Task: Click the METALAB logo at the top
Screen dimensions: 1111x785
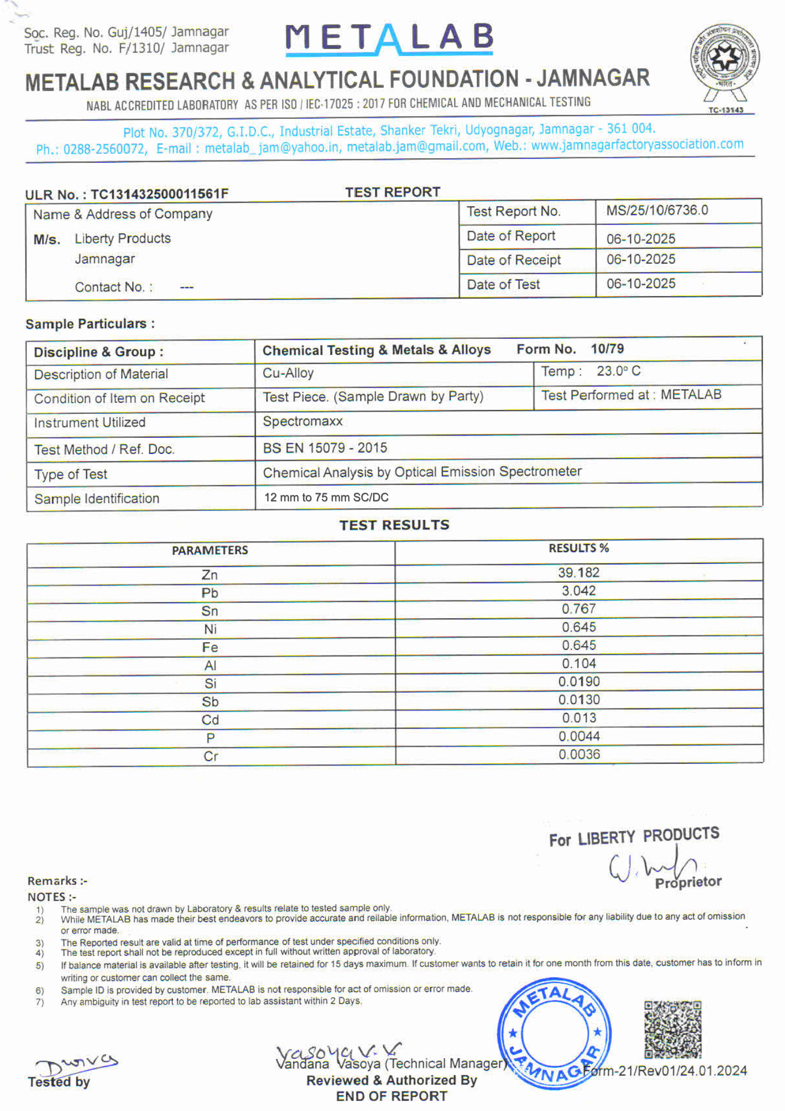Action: click(x=389, y=38)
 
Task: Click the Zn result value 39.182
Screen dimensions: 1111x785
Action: click(x=578, y=573)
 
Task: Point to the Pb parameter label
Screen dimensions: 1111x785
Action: click(x=210, y=593)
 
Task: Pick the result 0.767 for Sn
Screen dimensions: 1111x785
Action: click(x=578, y=609)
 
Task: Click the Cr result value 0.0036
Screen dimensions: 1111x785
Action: click(x=579, y=754)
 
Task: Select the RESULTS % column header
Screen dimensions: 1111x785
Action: click(x=578, y=548)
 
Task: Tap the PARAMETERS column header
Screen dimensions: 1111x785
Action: click(x=210, y=551)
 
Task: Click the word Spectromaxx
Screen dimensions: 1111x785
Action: click(x=303, y=422)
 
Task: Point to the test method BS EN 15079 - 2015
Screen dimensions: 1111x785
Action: click(x=325, y=448)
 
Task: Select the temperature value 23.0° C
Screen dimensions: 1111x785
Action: click(x=618, y=371)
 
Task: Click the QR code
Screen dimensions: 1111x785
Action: click(x=672, y=1029)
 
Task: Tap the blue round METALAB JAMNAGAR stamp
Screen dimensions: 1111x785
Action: click(x=554, y=1033)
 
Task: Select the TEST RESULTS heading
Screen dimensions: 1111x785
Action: click(x=394, y=525)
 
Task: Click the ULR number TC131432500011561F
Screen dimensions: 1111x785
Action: click(x=159, y=194)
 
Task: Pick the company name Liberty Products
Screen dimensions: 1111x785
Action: click(x=123, y=239)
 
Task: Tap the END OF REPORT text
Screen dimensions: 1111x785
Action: click(x=391, y=1096)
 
